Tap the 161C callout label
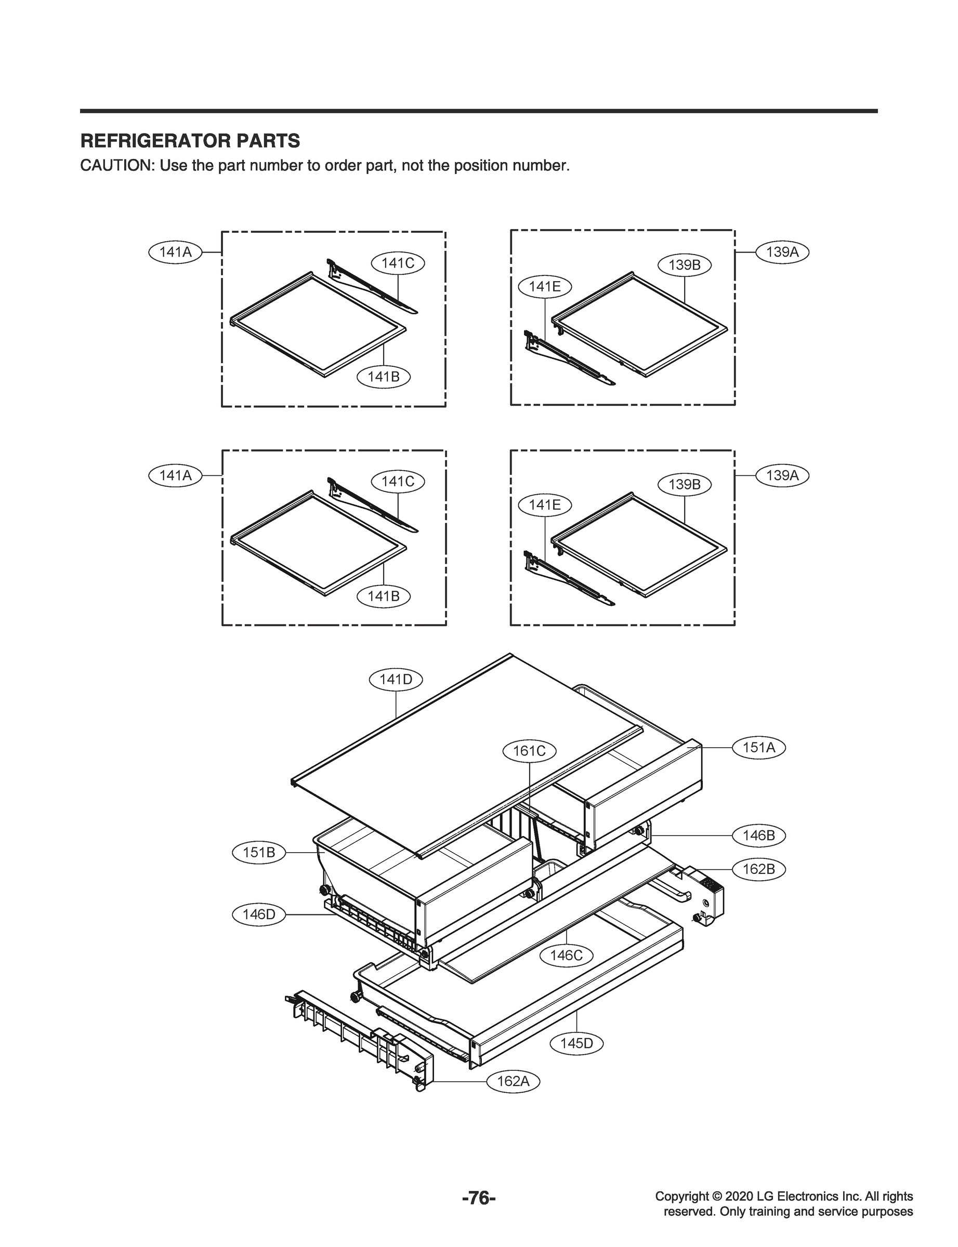click(529, 751)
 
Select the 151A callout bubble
click(758, 747)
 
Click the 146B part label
click(758, 835)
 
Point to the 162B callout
click(758, 869)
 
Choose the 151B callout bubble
click(259, 853)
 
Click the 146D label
click(259, 915)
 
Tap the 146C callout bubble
click(566, 955)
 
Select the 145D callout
click(576, 1043)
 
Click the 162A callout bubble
click(513, 1081)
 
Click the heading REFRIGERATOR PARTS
click(190, 141)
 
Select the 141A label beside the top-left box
click(175, 252)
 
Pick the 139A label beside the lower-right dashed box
click(782, 475)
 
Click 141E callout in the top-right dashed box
click(545, 287)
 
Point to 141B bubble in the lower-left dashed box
click(383, 596)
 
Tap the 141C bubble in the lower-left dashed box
click(398, 482)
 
